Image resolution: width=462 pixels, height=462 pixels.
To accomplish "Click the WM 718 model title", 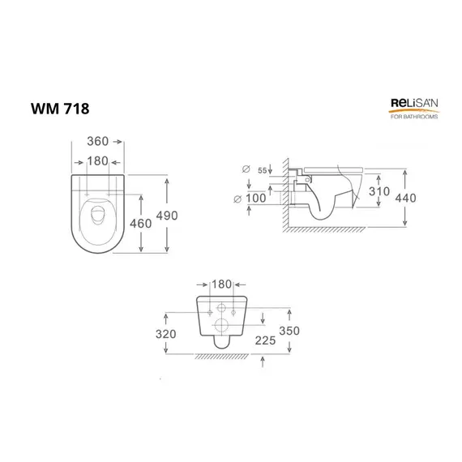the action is click(60, 109).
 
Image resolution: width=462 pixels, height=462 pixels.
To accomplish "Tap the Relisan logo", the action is click(414, 109).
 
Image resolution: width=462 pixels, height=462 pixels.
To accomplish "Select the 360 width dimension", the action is click(97, 141).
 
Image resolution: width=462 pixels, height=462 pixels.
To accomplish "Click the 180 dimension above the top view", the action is click(97, 161).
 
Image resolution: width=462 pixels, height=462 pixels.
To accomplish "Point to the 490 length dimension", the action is click(167, 216).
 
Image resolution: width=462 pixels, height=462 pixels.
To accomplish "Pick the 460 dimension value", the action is click(140, 224).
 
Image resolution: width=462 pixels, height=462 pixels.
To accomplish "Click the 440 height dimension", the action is click(405, 198).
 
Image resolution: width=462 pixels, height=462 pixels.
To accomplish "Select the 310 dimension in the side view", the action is click(379, 191).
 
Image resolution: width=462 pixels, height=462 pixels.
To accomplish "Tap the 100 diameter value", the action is click(256, 199).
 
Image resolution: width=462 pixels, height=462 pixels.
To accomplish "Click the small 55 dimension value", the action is click(263, 170).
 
